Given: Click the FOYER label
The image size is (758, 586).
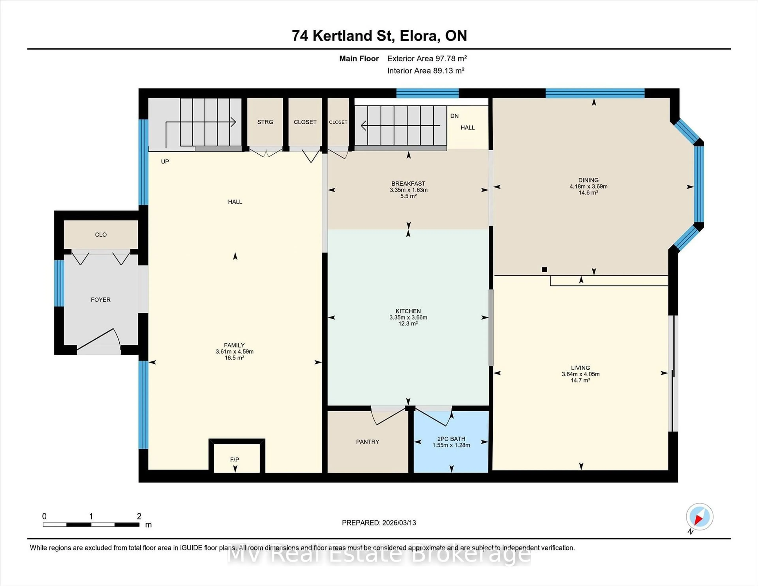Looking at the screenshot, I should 101,300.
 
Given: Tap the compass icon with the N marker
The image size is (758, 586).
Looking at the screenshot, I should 699,517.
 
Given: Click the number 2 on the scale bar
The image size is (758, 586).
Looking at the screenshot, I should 139,516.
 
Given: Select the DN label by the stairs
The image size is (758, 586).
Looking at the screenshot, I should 454,116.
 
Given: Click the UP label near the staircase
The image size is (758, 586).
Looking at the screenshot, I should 165,162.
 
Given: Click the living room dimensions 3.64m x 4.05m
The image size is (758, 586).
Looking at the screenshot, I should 580,374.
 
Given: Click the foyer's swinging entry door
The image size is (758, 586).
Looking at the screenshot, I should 99,338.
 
